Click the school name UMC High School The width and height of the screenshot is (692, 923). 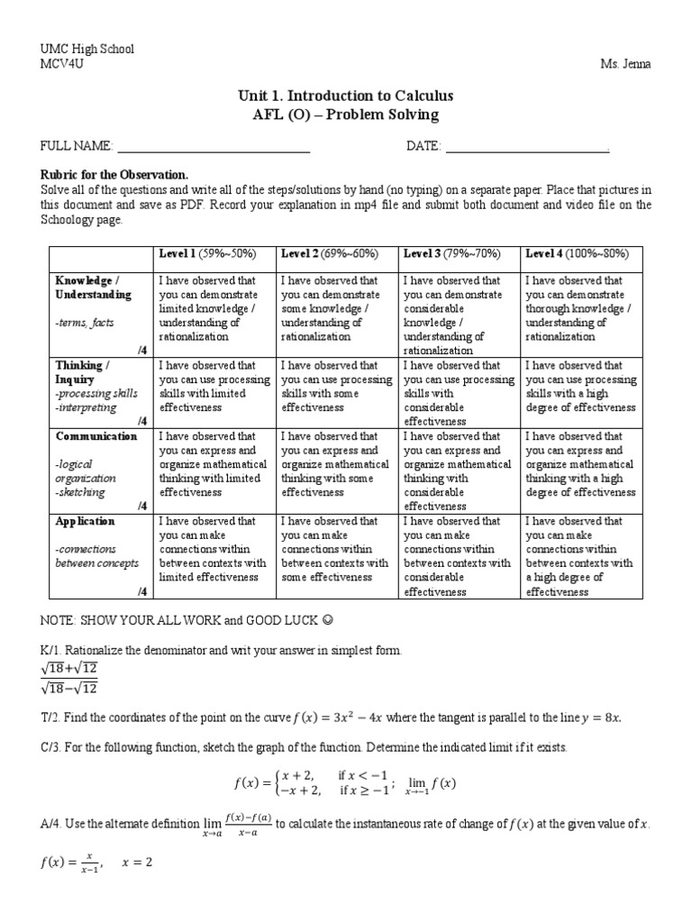pyautogui.click(x=86, y=49)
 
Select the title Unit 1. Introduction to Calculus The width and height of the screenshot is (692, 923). pyautogui.click(x=346, y=96)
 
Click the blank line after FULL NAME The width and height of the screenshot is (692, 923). pyautogui.click(x=214, y=146)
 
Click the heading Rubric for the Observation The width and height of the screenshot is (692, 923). pyautogui.click(x=114, y=173)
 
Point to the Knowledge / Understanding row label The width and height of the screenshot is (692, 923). pyautogui.click(x=93, y=288)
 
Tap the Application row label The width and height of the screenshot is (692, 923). pyautogui.click(x=85, y=521)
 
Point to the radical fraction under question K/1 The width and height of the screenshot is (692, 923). pyautogui.click(x=70, y=676)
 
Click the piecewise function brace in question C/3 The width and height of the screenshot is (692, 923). pyautogui.click(x=275, y=782)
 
